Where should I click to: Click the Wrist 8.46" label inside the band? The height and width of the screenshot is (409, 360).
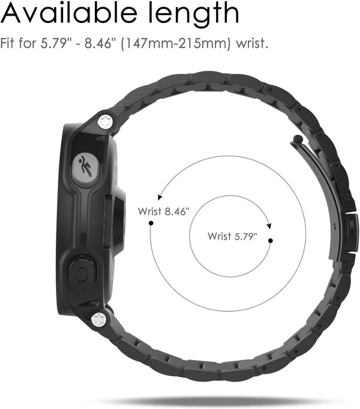click(x=163, y=211)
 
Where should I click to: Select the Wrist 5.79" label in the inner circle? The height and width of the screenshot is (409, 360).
click(x=232, y=236)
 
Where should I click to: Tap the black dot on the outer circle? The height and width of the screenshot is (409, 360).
click(x=151, y=222)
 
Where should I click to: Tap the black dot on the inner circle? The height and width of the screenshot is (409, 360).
click(x=271, y=240)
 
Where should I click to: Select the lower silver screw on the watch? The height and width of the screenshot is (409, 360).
click(x=100, y=320)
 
